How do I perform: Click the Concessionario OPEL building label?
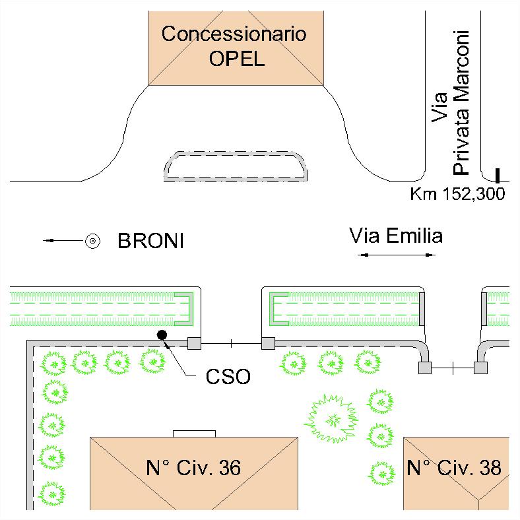(234, 46)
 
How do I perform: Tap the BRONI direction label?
(150, 242)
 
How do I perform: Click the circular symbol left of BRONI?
(94, 241)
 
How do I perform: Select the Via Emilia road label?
(396, 236)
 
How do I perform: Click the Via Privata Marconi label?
(452, 102)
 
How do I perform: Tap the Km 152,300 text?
(457, 195)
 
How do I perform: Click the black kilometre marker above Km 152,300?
(498, 175)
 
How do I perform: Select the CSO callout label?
(228, 378)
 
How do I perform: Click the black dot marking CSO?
(161, 335)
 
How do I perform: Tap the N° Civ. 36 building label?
(193, 468)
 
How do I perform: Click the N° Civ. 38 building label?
(453, 468)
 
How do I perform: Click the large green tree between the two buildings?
(335, 418)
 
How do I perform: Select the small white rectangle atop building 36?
(194, 433)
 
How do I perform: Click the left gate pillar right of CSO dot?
(194, 343)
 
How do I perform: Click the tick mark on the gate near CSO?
(231, 343)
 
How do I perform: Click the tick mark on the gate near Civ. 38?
(453, 368)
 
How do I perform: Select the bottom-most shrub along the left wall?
(51, 492)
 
